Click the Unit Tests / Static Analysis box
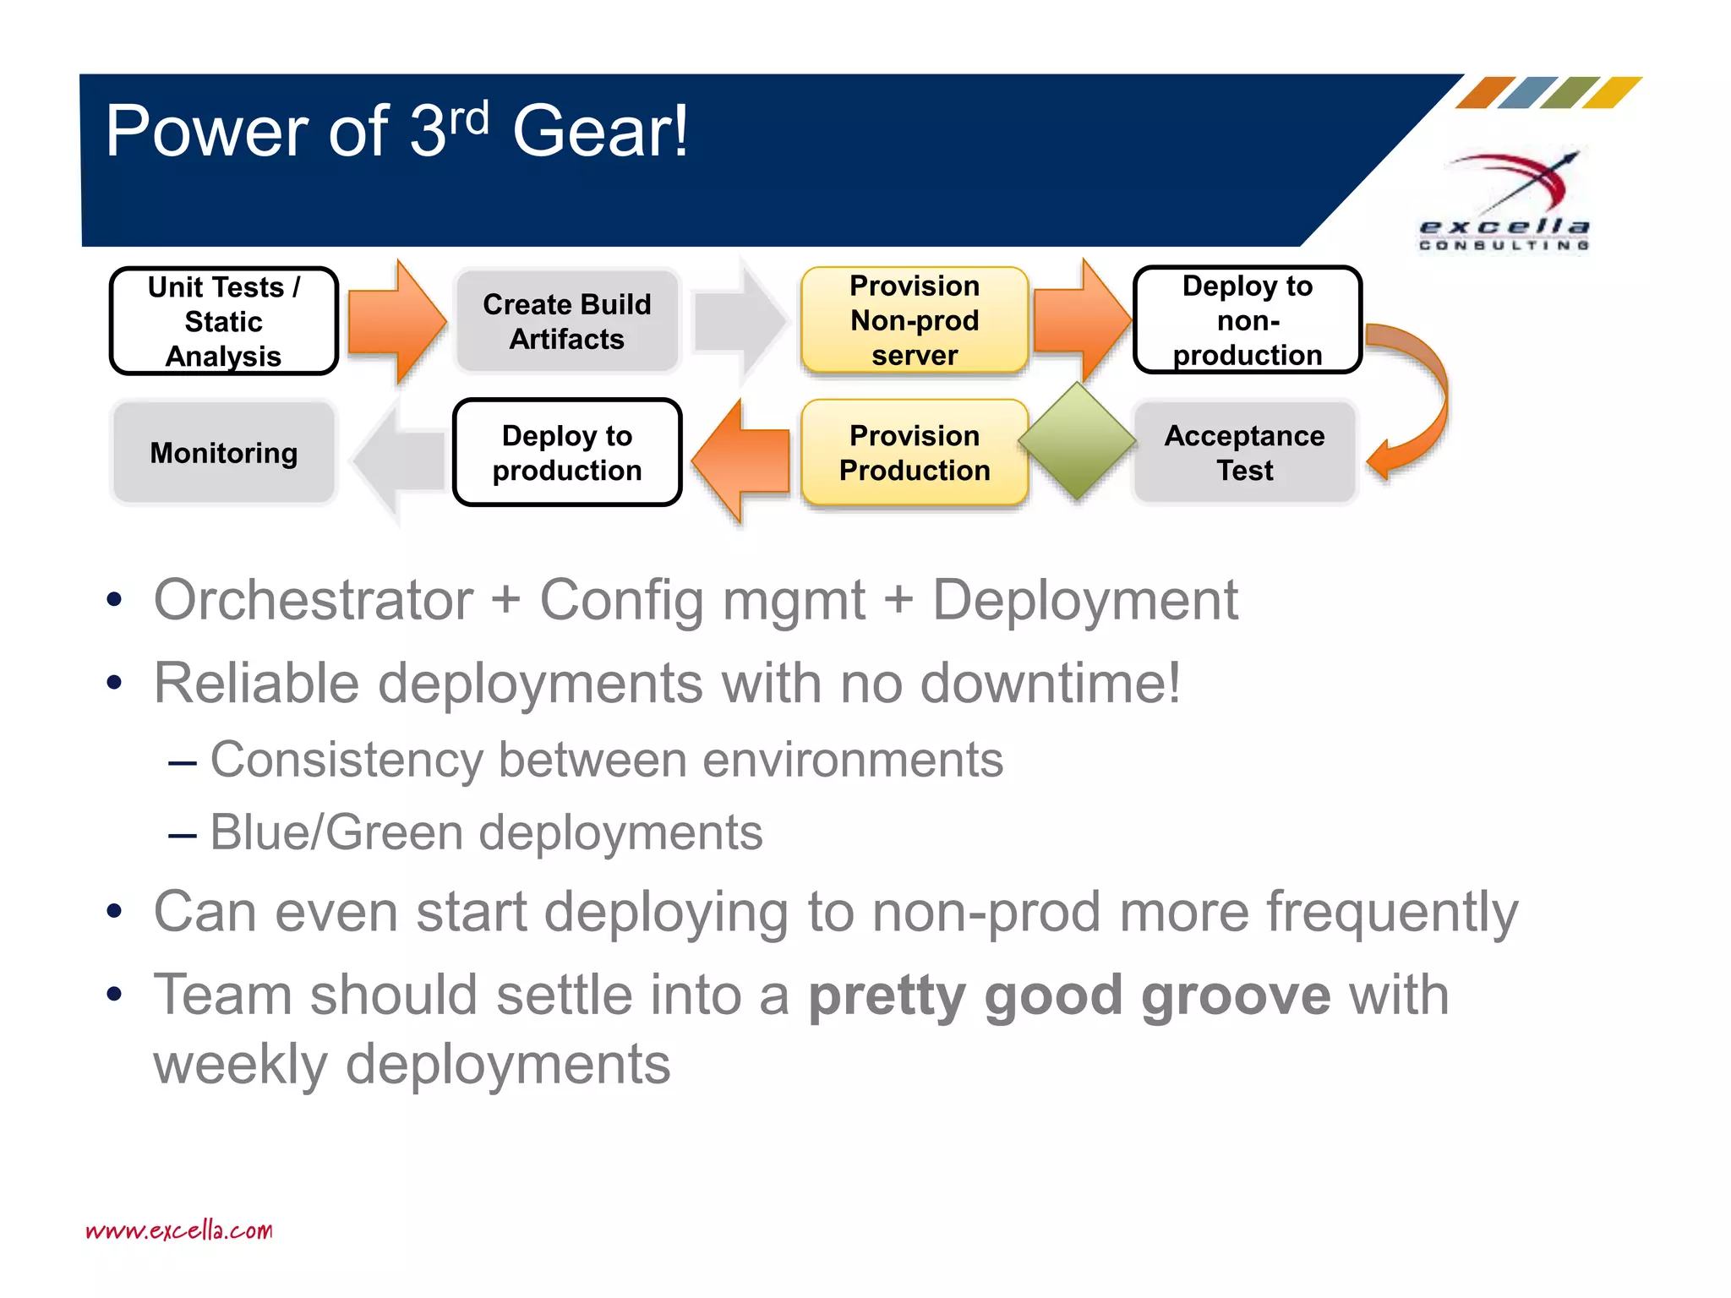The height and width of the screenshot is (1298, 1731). click(x=224, y=321)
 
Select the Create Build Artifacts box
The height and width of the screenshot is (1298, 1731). click(x=567, y=321)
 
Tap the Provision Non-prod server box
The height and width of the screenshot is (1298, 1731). click(x=915, y=320)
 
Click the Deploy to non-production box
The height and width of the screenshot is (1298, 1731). click(x=1247, y=320)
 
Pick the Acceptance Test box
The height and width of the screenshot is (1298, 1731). click(x=1244, y=452)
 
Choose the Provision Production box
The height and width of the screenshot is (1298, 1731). click(x=915, y=452)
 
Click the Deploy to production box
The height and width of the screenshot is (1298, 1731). click(x=567, y=452)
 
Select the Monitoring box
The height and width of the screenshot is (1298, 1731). click(x=224, y=452)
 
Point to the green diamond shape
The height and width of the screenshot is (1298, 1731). click(x=1077, y=440)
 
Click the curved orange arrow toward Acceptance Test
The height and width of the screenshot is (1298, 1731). click(x=1420, y=397)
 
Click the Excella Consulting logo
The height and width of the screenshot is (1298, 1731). click(x=1505, y=203)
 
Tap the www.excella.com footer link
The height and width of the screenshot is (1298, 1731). click(x=179, y=1230)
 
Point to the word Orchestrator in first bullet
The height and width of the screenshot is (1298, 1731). click(x=313, y=600)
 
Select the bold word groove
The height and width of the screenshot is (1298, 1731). click(x=1236, y=995)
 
